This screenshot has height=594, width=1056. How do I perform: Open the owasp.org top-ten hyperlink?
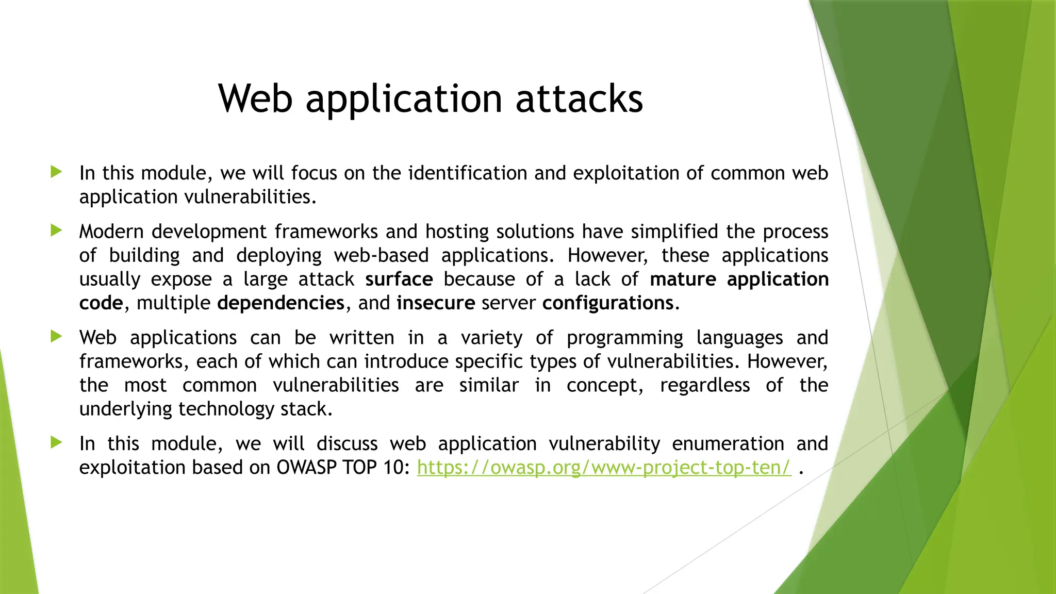(x=604, y=467)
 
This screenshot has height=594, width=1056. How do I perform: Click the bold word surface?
(x=399, y=279)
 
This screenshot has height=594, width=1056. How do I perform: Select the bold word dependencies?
(x=280, y=303)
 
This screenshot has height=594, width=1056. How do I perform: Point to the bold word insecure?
(x=436, y=303)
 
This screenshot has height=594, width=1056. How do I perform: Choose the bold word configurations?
(x=608, y=303)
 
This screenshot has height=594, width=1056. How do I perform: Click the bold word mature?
(x=683, y=279)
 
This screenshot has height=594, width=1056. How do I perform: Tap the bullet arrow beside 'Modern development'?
(x=57, y=230)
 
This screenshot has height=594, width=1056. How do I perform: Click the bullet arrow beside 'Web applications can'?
(x=57, y=337)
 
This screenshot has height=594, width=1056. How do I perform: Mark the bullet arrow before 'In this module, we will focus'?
(x=57, y=172)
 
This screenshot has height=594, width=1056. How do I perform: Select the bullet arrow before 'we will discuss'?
(x=57, y=442)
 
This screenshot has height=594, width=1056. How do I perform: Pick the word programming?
(x=624, y=338)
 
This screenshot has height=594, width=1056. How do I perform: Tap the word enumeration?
(x=728, y=443)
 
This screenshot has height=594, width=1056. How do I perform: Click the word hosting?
(x=457, y=232)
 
